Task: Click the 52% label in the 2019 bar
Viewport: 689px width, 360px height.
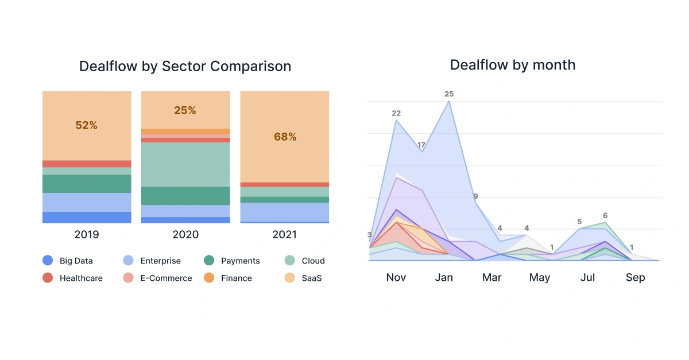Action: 87,125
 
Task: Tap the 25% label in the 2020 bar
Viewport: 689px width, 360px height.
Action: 185,110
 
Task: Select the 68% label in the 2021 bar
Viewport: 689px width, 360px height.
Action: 285,137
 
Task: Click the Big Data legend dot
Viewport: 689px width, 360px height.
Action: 48,261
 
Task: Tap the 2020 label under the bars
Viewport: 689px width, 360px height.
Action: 185,234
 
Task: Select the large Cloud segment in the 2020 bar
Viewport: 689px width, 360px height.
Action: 185,164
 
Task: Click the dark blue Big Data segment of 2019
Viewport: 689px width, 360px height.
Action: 87,217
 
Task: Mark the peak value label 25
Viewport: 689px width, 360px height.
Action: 449,94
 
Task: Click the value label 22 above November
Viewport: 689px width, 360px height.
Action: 396,113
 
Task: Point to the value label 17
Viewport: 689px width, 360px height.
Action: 421,145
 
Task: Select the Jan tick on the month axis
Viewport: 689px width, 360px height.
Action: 444,278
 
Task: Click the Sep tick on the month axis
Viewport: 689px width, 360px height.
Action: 635,278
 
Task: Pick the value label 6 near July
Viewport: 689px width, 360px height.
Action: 605,215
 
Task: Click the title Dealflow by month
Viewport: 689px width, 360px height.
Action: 512,65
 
